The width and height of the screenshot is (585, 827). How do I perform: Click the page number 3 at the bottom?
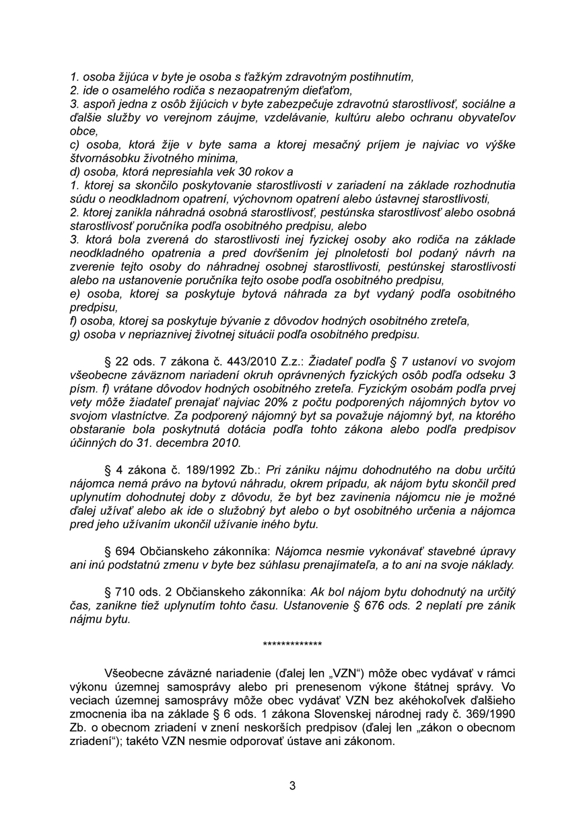[x=292, y=785]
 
